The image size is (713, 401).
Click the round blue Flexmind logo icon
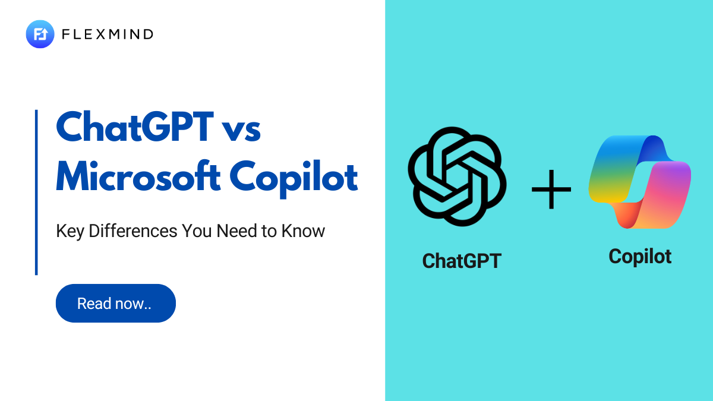[x=40, y=34]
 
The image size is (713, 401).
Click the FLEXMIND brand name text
[x=108, y=34]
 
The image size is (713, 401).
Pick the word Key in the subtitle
[x=70, y=231]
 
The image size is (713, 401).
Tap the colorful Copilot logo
[x=639, y=182]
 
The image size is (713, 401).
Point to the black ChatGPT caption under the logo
[x=461, y=260]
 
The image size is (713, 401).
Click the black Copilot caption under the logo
[x=640, y=256]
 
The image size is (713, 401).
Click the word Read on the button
[x=94, y=304]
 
